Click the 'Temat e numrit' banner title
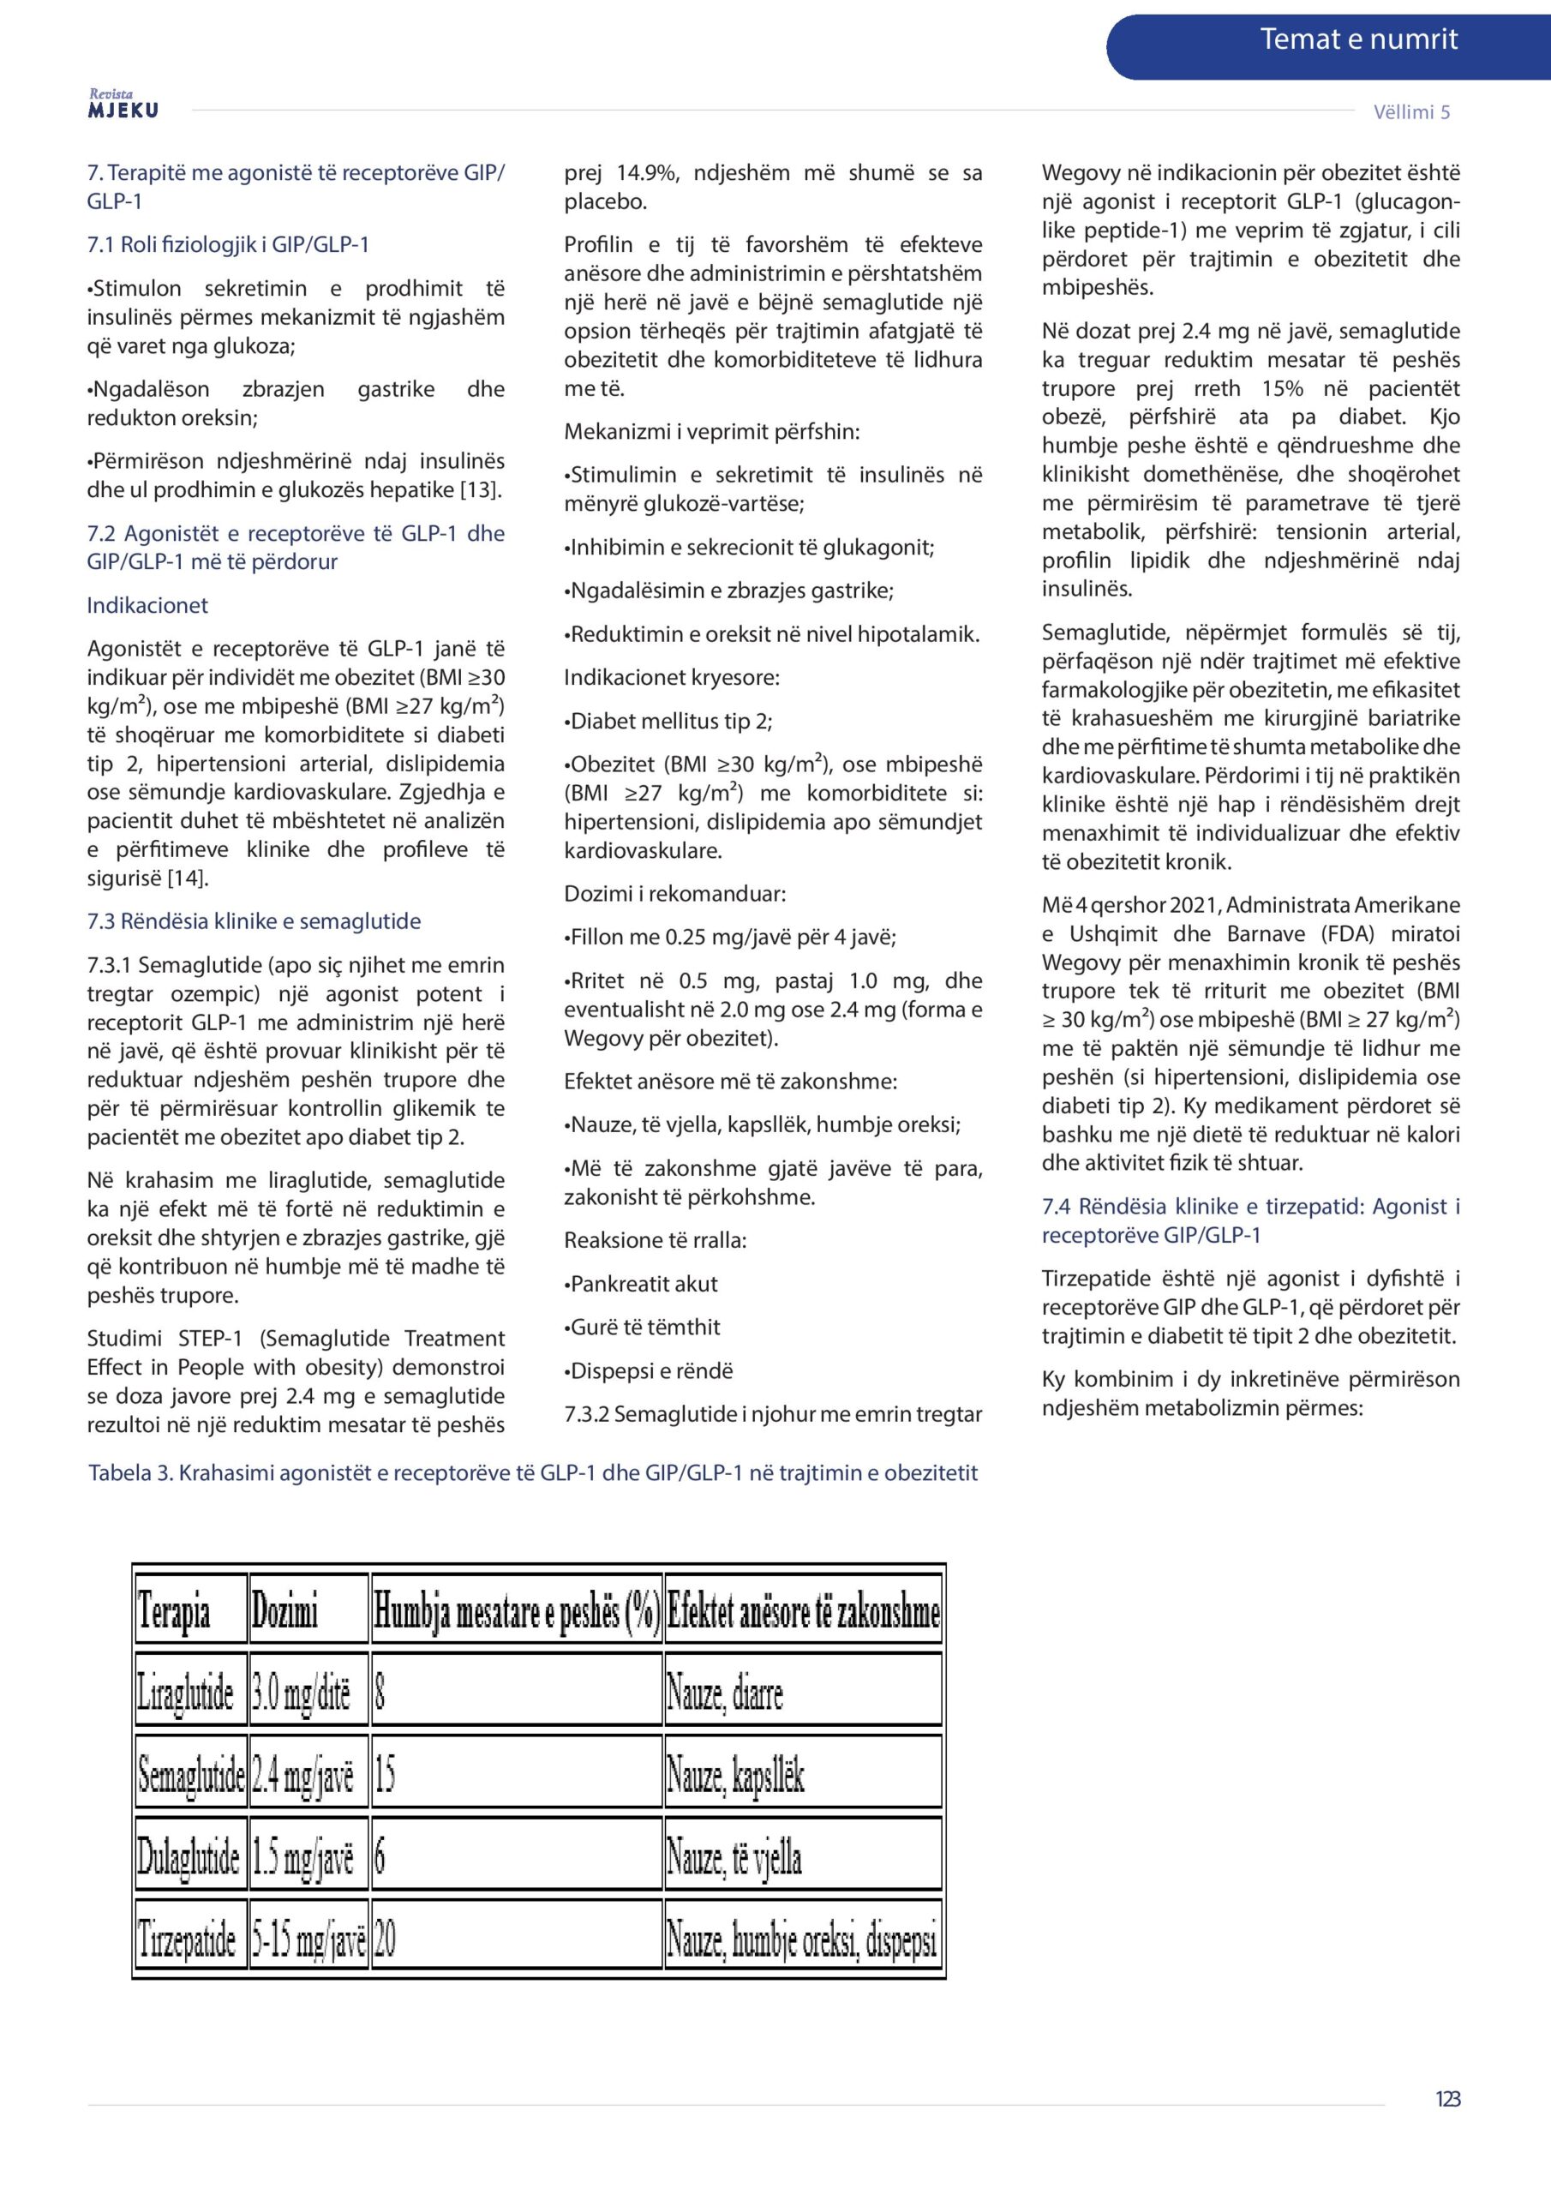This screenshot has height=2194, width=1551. click(1358, 39)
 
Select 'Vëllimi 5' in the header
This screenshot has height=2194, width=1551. click(1410, 111)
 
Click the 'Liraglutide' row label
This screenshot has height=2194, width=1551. click(185, 1693)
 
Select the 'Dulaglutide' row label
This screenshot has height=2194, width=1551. click(189, 1856)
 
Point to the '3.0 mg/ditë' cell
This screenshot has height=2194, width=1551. click(301, 1693)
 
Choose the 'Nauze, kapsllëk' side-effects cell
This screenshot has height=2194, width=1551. click(735, 1775)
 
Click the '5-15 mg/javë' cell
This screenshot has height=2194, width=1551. click(308, 1939)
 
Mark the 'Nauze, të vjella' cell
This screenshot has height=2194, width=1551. click(733, 1856)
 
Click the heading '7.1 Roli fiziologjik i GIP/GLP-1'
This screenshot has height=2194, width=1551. click(227, 244)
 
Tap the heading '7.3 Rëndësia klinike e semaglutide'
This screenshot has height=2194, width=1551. click(254, 921)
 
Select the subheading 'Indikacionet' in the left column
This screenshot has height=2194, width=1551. click(147, 605)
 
